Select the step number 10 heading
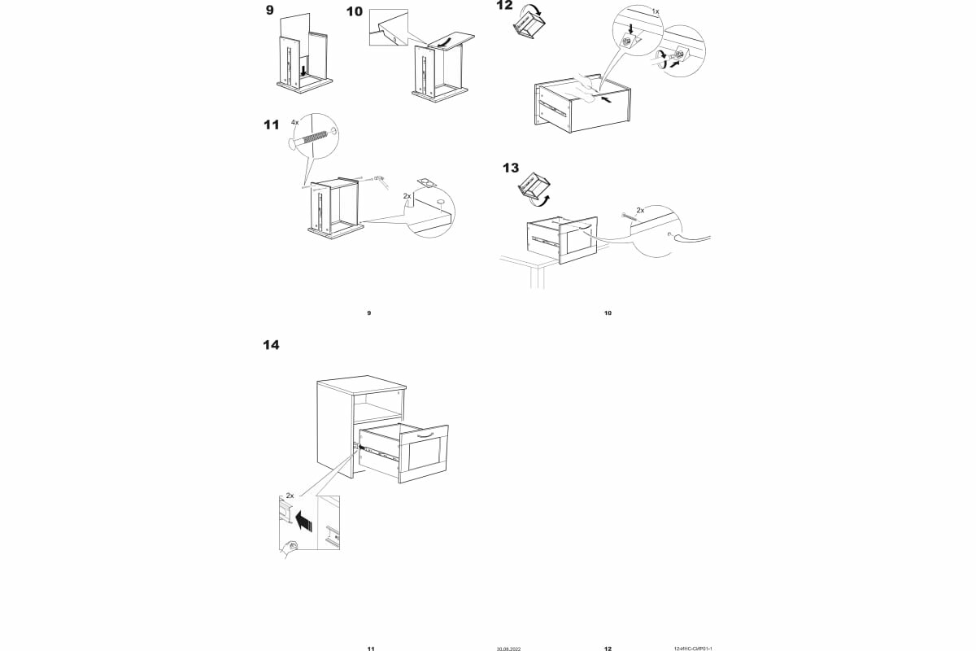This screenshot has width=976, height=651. point(355,11)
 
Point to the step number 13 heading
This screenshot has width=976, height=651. point(510,168)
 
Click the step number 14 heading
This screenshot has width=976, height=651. point(271,345)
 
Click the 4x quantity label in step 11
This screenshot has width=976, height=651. point(295,121)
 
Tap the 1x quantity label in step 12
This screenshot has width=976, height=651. point(656,12)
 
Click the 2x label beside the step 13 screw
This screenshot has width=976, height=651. point(640,210)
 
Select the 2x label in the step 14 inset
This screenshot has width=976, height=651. point(290,496)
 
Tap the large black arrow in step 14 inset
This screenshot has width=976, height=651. point(304,521)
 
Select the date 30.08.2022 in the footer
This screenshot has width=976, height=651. point(508,649)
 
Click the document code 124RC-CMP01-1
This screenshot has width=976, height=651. point(694,649)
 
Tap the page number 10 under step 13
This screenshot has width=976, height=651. point(608,312)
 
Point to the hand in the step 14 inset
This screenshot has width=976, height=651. point(290,547)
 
